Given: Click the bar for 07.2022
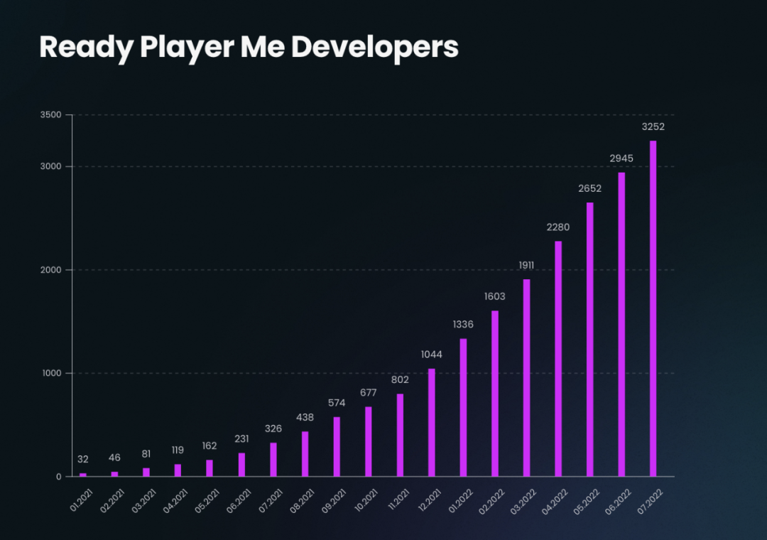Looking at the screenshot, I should coord(653,308).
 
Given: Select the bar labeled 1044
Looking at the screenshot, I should coord(432,422).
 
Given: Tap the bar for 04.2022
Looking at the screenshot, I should coord(558,359).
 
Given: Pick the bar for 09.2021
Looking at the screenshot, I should coord(337,446).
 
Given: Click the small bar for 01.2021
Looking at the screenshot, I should coord(83,475).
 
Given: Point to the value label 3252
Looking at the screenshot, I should coord(653,127).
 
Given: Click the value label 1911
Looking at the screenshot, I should coord(526,266).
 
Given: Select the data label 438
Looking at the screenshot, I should coord(305,418).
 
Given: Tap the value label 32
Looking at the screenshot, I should coord(83,459).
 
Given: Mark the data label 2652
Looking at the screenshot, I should coord(589,189).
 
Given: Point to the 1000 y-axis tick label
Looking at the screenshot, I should coord(53,373).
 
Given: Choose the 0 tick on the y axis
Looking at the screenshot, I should coord(60,476).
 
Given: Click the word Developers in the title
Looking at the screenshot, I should coord(374,47).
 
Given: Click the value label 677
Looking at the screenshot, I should coord(369,393).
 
